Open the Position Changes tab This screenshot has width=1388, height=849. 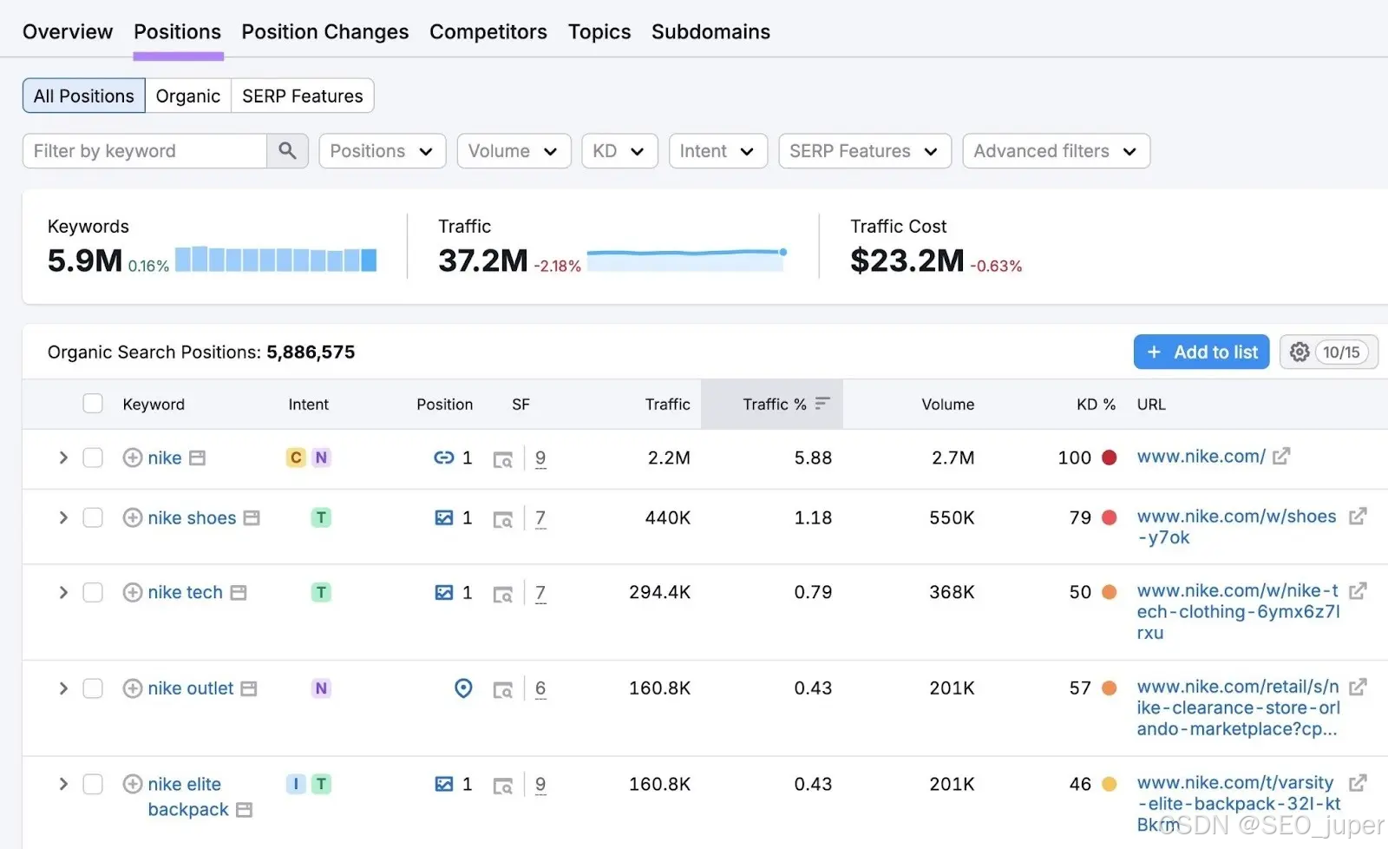(x=324, y=31)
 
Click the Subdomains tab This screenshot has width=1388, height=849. (x=710, y=31)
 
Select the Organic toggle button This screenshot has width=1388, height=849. (x=187, y=95)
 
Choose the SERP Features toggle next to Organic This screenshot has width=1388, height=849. (x=303, y=95)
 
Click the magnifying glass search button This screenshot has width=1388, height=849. (x=287, y=151)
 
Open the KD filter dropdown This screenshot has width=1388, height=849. (x=619, y=151)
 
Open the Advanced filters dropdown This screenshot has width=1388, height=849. (x=1056, y=151)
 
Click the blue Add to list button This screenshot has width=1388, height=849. (x=1201, y=352)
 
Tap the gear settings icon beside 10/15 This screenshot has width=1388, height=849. (x=1300, y=352)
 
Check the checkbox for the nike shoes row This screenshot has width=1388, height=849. (x=93, y=517)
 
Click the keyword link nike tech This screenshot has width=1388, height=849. (x=185, y=592)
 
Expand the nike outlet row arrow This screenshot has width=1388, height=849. (x=63, y=688)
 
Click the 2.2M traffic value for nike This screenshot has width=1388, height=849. (x=669, y=457)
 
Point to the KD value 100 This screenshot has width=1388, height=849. (x=1074, y=457)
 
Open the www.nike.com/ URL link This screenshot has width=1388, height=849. (x=1201, y=457)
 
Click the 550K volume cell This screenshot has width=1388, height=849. (x=951, y=517)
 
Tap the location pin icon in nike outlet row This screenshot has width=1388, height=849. (x=463, y=688)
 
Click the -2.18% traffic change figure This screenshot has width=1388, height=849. (x=558, y=266)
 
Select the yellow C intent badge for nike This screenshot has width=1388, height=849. (x=296, y=457)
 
